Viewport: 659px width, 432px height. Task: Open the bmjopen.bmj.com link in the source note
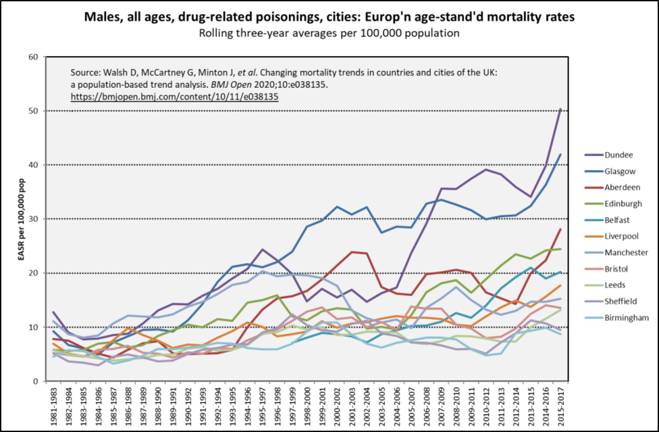pos(175,97)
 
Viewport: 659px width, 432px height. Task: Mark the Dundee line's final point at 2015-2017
pos(560,108)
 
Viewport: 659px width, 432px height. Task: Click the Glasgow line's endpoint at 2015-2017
pos(560,154)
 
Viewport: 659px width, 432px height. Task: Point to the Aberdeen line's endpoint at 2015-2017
pos(560,229)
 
